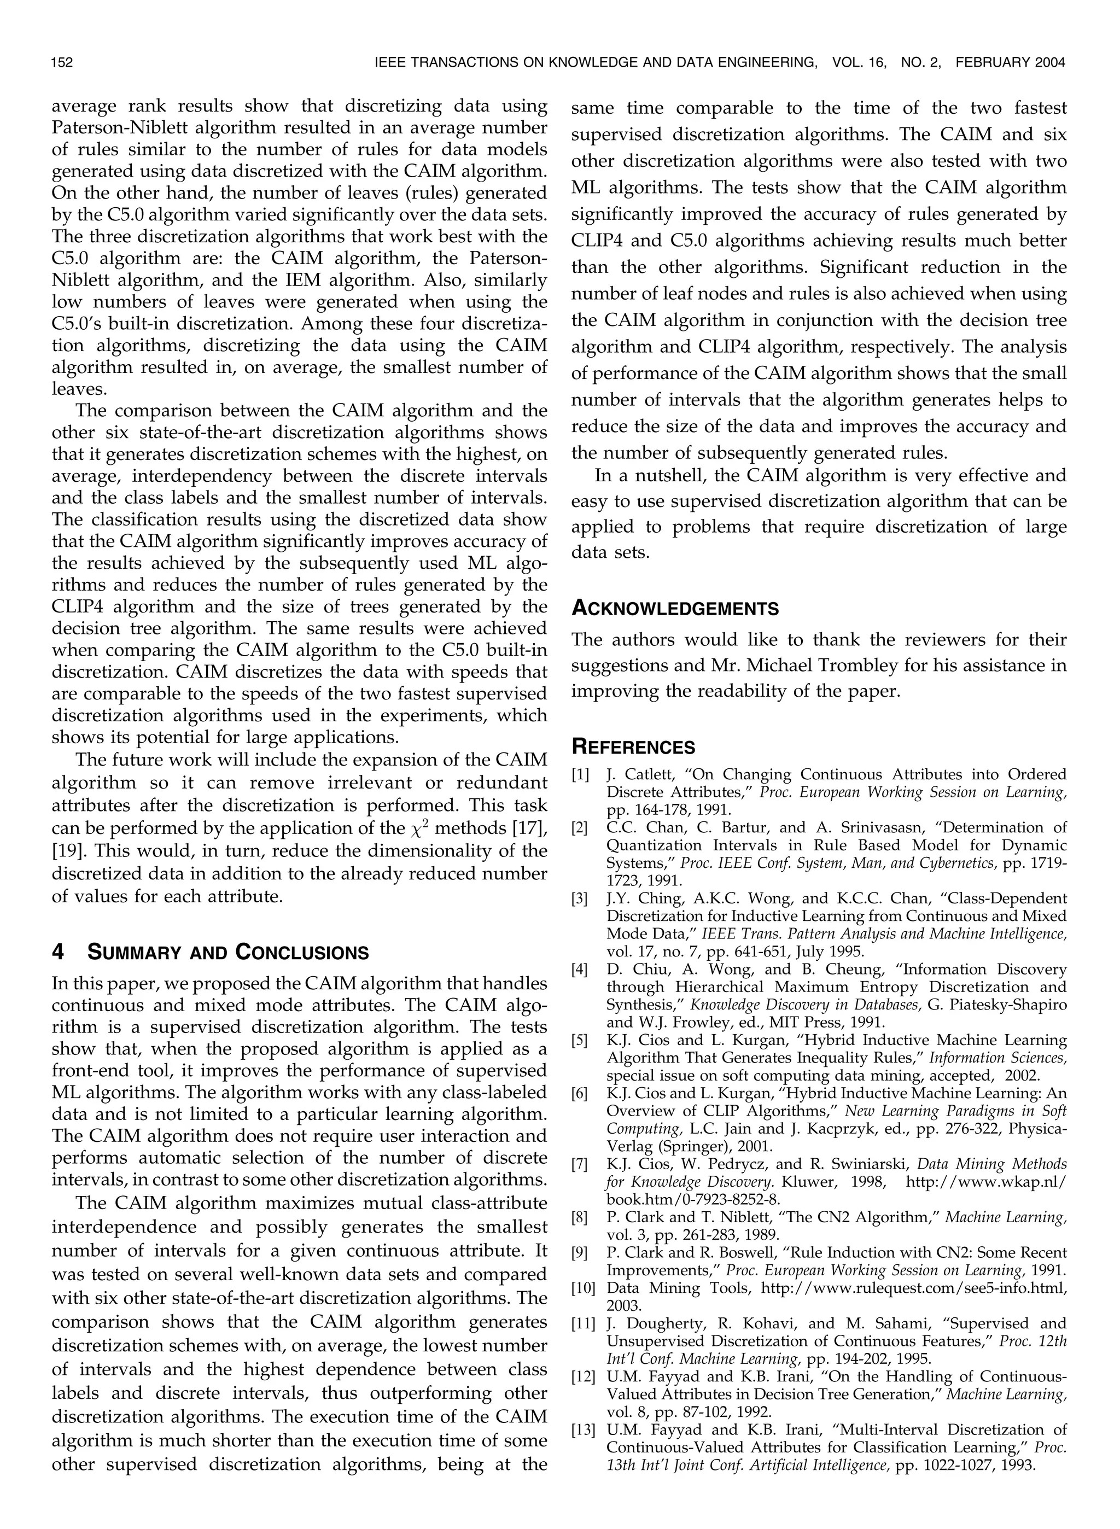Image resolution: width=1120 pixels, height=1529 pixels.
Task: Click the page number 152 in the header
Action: click(x=62, y=63)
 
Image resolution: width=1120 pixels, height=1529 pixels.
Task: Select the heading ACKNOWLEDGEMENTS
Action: click(x=675, y=609)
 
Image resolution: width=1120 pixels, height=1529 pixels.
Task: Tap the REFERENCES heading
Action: click(x=633, y=748)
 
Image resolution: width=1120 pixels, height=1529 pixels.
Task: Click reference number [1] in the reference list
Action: click(x=580, y=774)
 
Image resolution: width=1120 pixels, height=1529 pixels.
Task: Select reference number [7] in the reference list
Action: click(x=580, y=1164)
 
